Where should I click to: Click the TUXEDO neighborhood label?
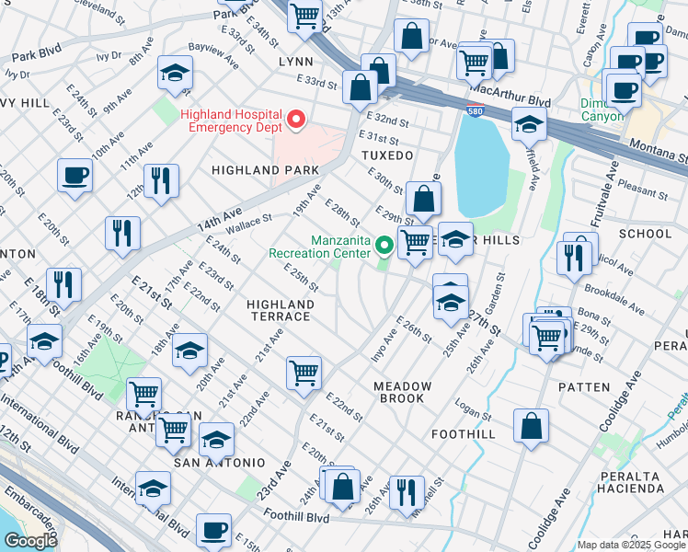pos(387,156)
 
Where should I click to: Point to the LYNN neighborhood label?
pos(296,61)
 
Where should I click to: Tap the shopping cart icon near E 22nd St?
pos(304,373)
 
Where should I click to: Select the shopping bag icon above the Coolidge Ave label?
pos(532,425)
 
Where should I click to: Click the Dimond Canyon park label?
pos(602,109)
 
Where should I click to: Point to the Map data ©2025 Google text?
pos(632,545)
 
